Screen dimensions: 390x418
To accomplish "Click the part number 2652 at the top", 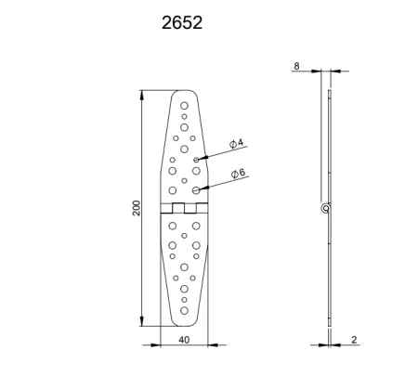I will pyautogui.click(x=183, y=19).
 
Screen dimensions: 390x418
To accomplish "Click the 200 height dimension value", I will pyautogui.click(x=137, y=209).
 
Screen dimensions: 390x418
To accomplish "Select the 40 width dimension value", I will pyautogui.click(x=185, y=340).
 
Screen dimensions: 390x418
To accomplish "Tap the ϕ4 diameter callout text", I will pyautogui.click(x=237, y=143).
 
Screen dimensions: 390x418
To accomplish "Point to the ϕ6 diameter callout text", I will pyautogui.click(x=237, y=173).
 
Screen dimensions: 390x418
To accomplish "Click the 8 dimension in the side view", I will pyautogui.click(x=296, y=66).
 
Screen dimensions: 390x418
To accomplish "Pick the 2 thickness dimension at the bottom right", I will pyautogui.click(x=354, y=340).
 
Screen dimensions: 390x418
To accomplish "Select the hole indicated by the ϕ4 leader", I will pyautogui.click(x=196, y=160).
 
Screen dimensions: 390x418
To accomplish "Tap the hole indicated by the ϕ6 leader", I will pyautogui.click(x=196, y=189).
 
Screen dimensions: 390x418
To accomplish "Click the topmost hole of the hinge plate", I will pyautogui.click(x=184, y=105).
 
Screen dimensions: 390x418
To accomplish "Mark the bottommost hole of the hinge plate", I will pyautogui.click(x=184, y=313).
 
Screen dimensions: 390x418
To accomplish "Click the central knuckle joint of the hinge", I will pyautogui.click(x=184, y=209).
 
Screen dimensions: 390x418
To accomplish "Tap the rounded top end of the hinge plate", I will pyautogui.click(x=184, y=91).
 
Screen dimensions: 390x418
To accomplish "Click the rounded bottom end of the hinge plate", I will pyautogui.click(x=184, y=326).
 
